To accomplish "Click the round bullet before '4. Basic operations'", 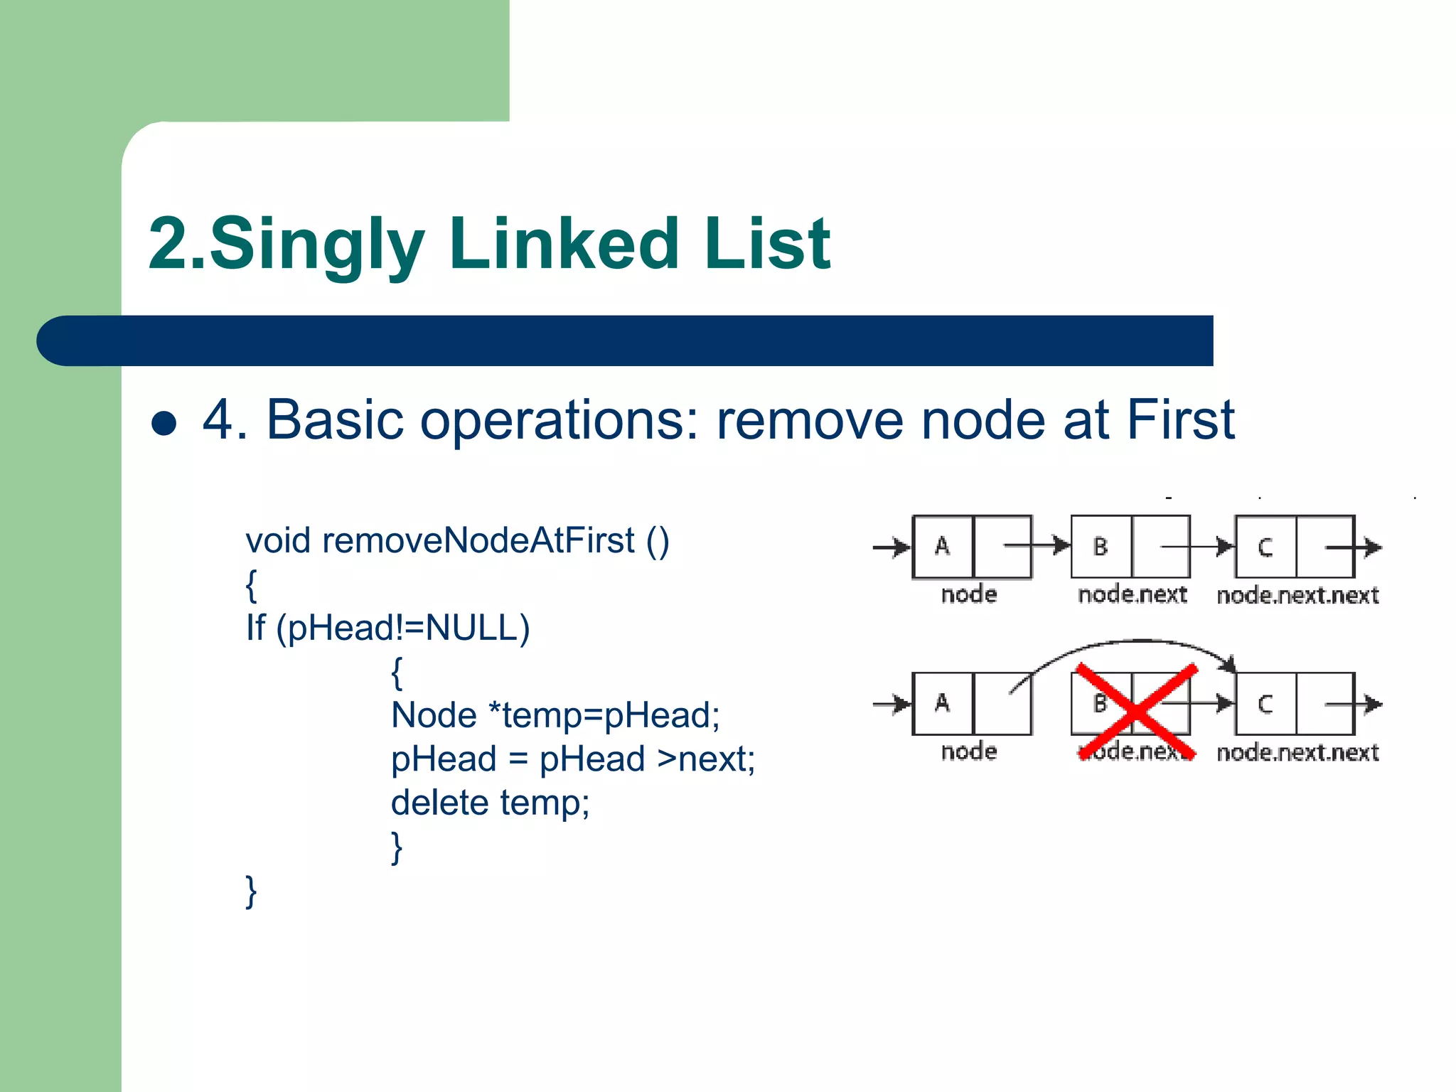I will [x=164, y=423].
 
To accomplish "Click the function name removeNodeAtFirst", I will [x=478, y=540].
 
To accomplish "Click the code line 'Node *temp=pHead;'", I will [x=555, y=715].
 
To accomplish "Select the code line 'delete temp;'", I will [x=490, y=803].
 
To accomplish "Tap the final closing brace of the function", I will [x=251, y=892].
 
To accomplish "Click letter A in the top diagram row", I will [x=942, y=546].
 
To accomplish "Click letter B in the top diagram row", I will [x=1100, y=547].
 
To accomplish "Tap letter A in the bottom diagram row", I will [x=942, y=703].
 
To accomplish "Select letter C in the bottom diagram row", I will [x=1265, y=704].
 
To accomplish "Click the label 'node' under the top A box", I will [x=968, y=594].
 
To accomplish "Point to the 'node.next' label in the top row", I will [x=1132, y=594].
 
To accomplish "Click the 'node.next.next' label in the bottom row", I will [x=1297, y=752].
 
